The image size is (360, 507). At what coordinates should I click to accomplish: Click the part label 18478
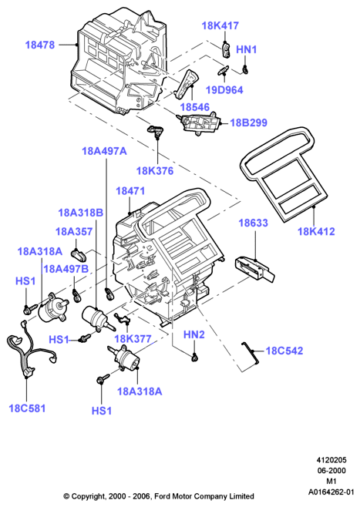[40, 45]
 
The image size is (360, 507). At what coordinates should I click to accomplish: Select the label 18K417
[220, 25]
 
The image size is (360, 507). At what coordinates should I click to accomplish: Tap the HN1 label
[247, 49]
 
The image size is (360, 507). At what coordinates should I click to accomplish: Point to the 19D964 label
[224, 90]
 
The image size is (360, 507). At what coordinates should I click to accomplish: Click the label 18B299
[248, 123]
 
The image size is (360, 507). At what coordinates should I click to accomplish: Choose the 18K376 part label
[155, 171]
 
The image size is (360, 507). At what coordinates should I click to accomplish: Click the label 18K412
[316, 231]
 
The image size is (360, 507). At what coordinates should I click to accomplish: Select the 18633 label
[254, 223]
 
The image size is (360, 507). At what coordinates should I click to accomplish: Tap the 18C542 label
[284, 351]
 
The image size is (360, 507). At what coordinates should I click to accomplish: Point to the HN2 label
[194, 334]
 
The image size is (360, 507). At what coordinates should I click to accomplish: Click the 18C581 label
[27, 408]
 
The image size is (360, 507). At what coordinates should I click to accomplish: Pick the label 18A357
[74, 231]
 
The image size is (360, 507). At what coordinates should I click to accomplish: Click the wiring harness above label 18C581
[30, 349]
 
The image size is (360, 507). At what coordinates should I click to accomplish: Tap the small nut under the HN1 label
[245, 69]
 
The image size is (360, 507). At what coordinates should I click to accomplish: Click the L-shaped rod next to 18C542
[250, 352]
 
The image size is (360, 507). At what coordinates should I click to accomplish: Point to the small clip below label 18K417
[227, 50]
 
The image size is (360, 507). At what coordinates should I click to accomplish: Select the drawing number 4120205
[331, 460]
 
